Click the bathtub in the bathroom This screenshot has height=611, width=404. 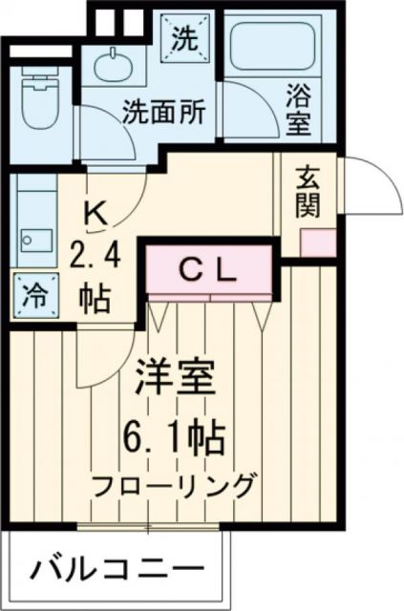click(274, 48)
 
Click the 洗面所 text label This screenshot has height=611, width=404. click(162, 112)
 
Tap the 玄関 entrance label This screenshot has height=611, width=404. click(308, 191)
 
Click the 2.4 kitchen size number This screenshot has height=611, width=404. click(95, 255)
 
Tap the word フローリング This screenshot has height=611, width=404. click(176, 485)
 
